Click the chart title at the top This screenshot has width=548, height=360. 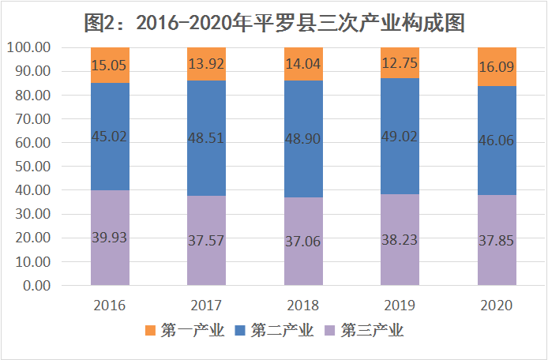tap(273, 22)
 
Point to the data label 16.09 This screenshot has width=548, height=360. tap(497, 68)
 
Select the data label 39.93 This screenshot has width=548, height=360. tap(110, 237)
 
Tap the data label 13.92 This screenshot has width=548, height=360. tap(206, 62)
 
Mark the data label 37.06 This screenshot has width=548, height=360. tap(303, 241)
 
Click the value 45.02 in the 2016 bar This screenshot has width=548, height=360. tap(110, 136)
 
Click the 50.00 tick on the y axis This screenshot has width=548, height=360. tap(32, 167)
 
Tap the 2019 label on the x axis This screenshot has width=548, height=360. tap(400, 306)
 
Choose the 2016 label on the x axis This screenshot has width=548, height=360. tap(110, 306)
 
